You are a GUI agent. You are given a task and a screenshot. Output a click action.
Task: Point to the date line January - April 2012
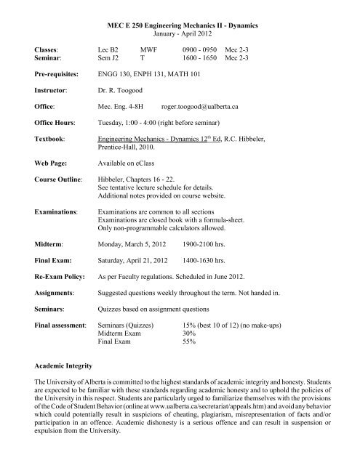click(x=179, y=34)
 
